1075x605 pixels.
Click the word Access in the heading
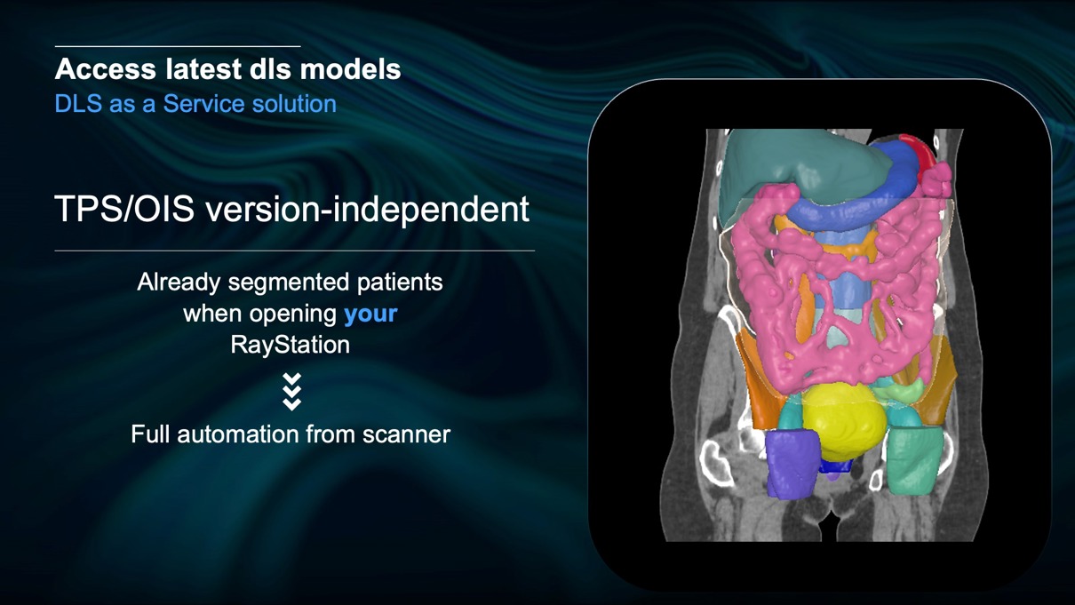pos(105,68)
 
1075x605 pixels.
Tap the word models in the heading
pos(350,68)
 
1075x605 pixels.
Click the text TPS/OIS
pos(124,209)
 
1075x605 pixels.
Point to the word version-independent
pos(368,209)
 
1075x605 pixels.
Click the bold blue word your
pos(370,314)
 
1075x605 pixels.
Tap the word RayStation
pos(290,345)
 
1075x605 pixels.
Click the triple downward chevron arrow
pos(291,392)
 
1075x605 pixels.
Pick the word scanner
pos(406,434)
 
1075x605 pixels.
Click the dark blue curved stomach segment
pos(864,196)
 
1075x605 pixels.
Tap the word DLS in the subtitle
pos(78,104)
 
